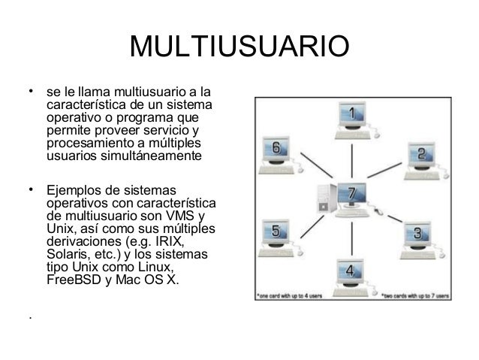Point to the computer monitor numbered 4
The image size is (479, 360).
pyautogui.click(x=350, y=271)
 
